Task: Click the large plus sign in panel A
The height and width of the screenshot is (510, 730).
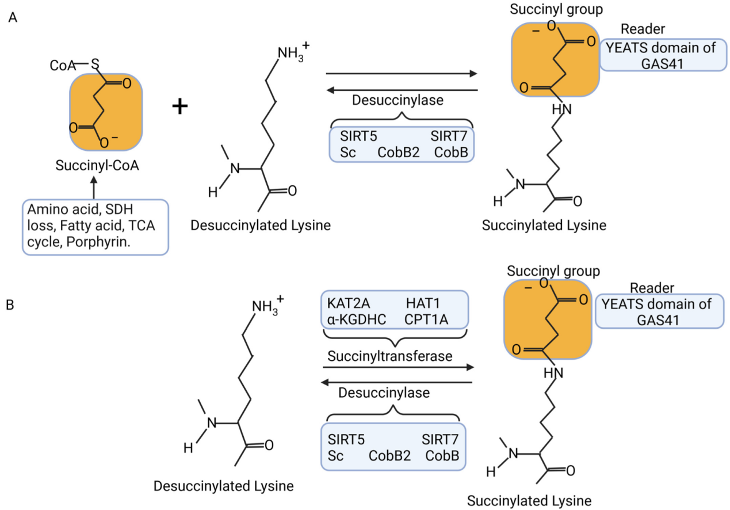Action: (x=180, y=106)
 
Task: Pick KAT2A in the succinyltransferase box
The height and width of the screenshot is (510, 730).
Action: (x=345, y=302)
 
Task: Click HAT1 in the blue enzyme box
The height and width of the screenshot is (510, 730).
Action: (x=423, y=302)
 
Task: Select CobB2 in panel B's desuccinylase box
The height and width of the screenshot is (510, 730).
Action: (x=389, y=456)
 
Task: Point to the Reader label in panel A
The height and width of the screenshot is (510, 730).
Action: (x=643, y=29)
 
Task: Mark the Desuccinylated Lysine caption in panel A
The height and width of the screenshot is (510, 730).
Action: (x=261, y=225)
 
